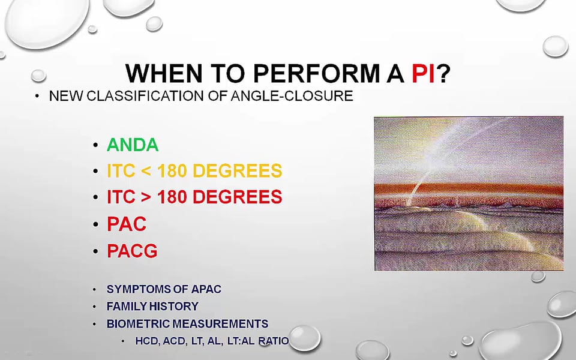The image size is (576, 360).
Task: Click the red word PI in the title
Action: pyautogui.click(x=423, y=73)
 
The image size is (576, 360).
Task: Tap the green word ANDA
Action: pyautogui.click(x=133, y=145)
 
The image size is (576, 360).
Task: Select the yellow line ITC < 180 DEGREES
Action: pyautogui.click(x=194, y=171)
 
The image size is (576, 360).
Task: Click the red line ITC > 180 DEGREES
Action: pyautogui.click(x=194, y=197)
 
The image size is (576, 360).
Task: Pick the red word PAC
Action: pyautogui.click(x=127, y=224)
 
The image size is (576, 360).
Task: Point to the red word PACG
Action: pyautogui.click(x=132, y=251)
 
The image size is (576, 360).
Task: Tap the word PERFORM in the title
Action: pyautogui.click(x=316, y=73)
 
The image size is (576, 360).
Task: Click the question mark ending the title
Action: pyautogui.click(x=443, y=73)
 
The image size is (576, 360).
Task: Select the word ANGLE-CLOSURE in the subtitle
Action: pyautogui.click(x=292, y=96)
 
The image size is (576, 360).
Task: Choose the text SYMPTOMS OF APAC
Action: pyautogui.click(x=164, y=289)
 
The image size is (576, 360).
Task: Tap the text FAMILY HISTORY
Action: pyautogui.click(x=152, y=306)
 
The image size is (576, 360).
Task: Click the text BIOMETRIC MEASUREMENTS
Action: pyautogui.click(x=187, y=323)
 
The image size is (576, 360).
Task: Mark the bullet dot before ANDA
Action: pyautogui.click(x=95, y=145)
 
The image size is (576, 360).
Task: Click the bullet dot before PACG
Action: pyautogui.click(x=95, y=251)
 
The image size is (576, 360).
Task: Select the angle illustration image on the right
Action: pyautogui.click(x=469, y=194)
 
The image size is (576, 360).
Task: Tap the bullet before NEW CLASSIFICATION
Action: pyautogui.click(x=37, y=96)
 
